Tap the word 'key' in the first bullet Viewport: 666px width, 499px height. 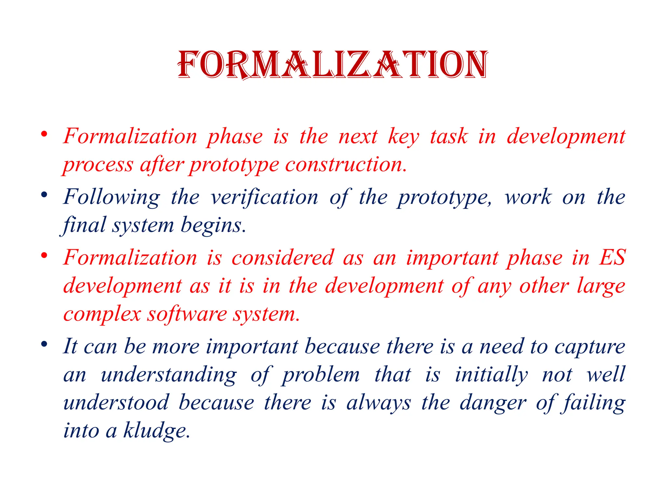point(404,136)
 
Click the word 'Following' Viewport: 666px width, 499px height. point(112,197)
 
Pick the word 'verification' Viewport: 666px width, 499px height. point(264,197)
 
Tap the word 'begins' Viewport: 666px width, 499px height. point(212,225)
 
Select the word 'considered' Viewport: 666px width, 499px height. point(283,258)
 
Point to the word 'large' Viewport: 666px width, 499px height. point(601,286)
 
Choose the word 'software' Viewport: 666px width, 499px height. point(187,314)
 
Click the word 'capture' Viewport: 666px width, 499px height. point(590,347)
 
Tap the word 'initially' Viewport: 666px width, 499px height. point(491,375)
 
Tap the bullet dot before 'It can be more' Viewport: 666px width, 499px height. point(45,344)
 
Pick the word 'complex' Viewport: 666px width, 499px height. point(102,314)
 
